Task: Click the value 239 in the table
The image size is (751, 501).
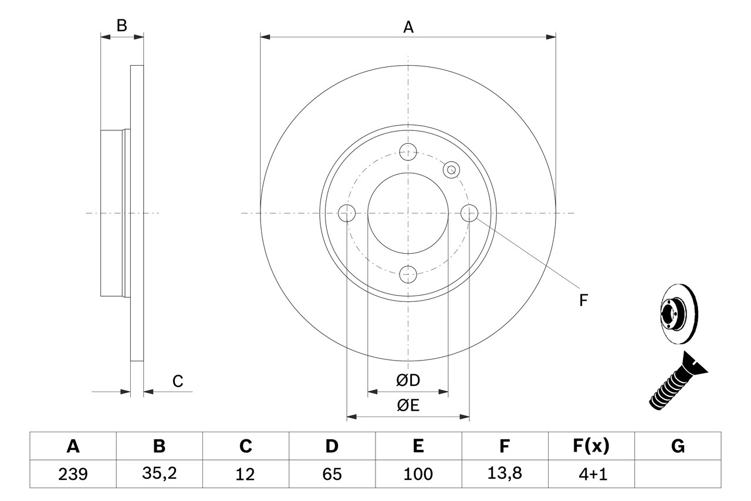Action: click(x=73, y=474)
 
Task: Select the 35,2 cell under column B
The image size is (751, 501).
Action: click(x=159, y=474)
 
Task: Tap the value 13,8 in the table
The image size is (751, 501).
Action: click(x=504, y=474)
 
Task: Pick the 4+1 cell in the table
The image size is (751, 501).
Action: click(x=590, y=474)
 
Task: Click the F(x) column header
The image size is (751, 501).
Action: click(x=590, y=447)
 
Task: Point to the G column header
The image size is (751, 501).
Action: click(x=678, y=447)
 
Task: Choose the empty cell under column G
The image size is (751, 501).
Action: click(x=678, y=474)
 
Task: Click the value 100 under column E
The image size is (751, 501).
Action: click(x=418, y=474)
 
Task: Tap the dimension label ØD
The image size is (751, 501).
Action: click(x=408, y=381)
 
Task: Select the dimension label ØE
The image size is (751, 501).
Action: click(x=408, y=406)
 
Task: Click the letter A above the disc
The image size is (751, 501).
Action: click(x=408, y=27)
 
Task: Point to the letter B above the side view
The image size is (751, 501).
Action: click(x=121, y=25)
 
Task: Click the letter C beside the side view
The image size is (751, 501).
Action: click(x=178, y=381)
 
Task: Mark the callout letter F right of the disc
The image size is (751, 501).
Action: click(x=583, y=301)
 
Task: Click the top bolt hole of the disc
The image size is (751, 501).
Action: click(x=408, y=152)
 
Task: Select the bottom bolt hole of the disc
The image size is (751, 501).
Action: click(x=408, y=273)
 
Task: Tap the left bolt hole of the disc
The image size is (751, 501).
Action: click(x=347, y=213)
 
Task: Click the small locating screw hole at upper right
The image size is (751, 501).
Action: click(x=451, y=170)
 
